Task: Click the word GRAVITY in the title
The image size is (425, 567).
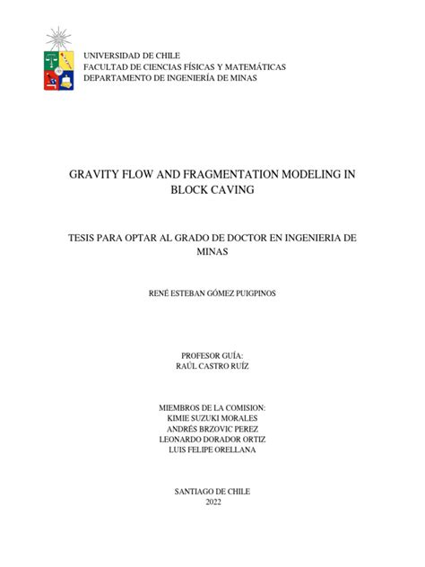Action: point(96,175)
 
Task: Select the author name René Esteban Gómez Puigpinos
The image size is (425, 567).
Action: point(212,293)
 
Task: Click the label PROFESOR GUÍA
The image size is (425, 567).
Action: point(212,356)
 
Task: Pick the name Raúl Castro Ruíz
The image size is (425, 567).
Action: point(212,367)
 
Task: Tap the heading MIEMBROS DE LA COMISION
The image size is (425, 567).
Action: point(212,406)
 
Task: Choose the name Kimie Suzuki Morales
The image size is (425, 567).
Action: point(212,417)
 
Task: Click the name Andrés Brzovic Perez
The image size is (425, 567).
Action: point(212,428)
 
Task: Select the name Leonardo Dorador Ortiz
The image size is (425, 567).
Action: point(212,439)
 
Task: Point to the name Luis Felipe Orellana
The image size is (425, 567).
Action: point(212,449)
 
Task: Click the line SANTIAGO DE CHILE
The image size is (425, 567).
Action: point(212,491)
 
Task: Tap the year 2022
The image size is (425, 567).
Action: point(212,502)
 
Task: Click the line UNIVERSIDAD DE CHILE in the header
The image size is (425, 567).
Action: point(132,56)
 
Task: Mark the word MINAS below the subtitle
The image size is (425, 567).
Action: point(212,252)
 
